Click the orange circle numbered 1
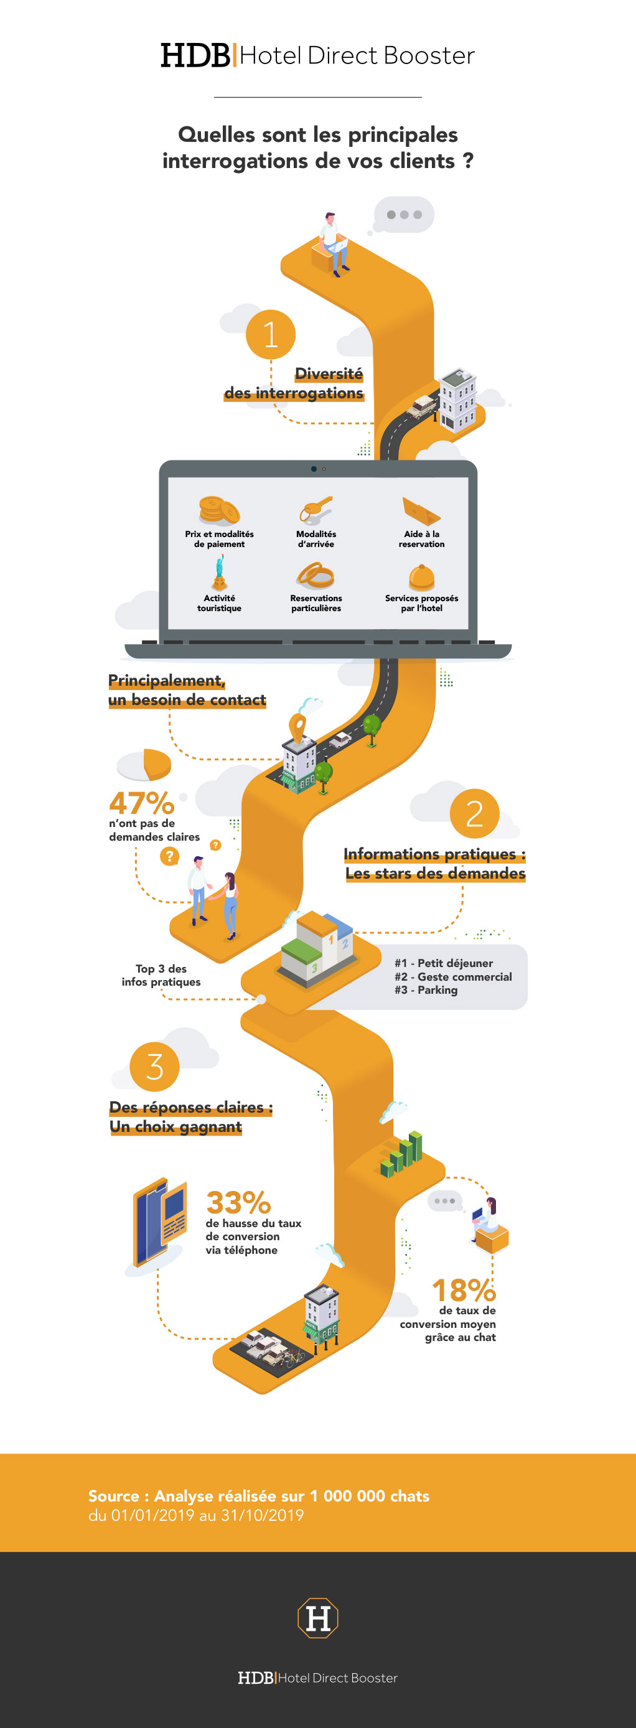(x=270, y=334)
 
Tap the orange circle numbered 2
(x=474, y=813)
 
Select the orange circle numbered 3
(x=154, y=1066)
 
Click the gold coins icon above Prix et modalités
(x=218, y=510)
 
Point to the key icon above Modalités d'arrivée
(x=316, y=510)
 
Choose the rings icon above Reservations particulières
(x=316, y=575)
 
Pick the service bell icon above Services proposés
(x=421, y=576)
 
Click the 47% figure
(x=141, y=803)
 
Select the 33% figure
(x=238, y=1203)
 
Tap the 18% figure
(x=464, y=1290)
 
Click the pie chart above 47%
(x=145, y=765)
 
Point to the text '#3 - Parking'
(x=426, y=990)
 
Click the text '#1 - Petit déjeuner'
(x=444, y=963)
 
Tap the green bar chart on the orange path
(x=402, y=1153)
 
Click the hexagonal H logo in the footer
(x=318, y=1618)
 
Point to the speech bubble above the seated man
(x=403, y=215)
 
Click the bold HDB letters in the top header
(x=195, y=55)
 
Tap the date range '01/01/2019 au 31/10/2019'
(x=207, y=1515)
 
